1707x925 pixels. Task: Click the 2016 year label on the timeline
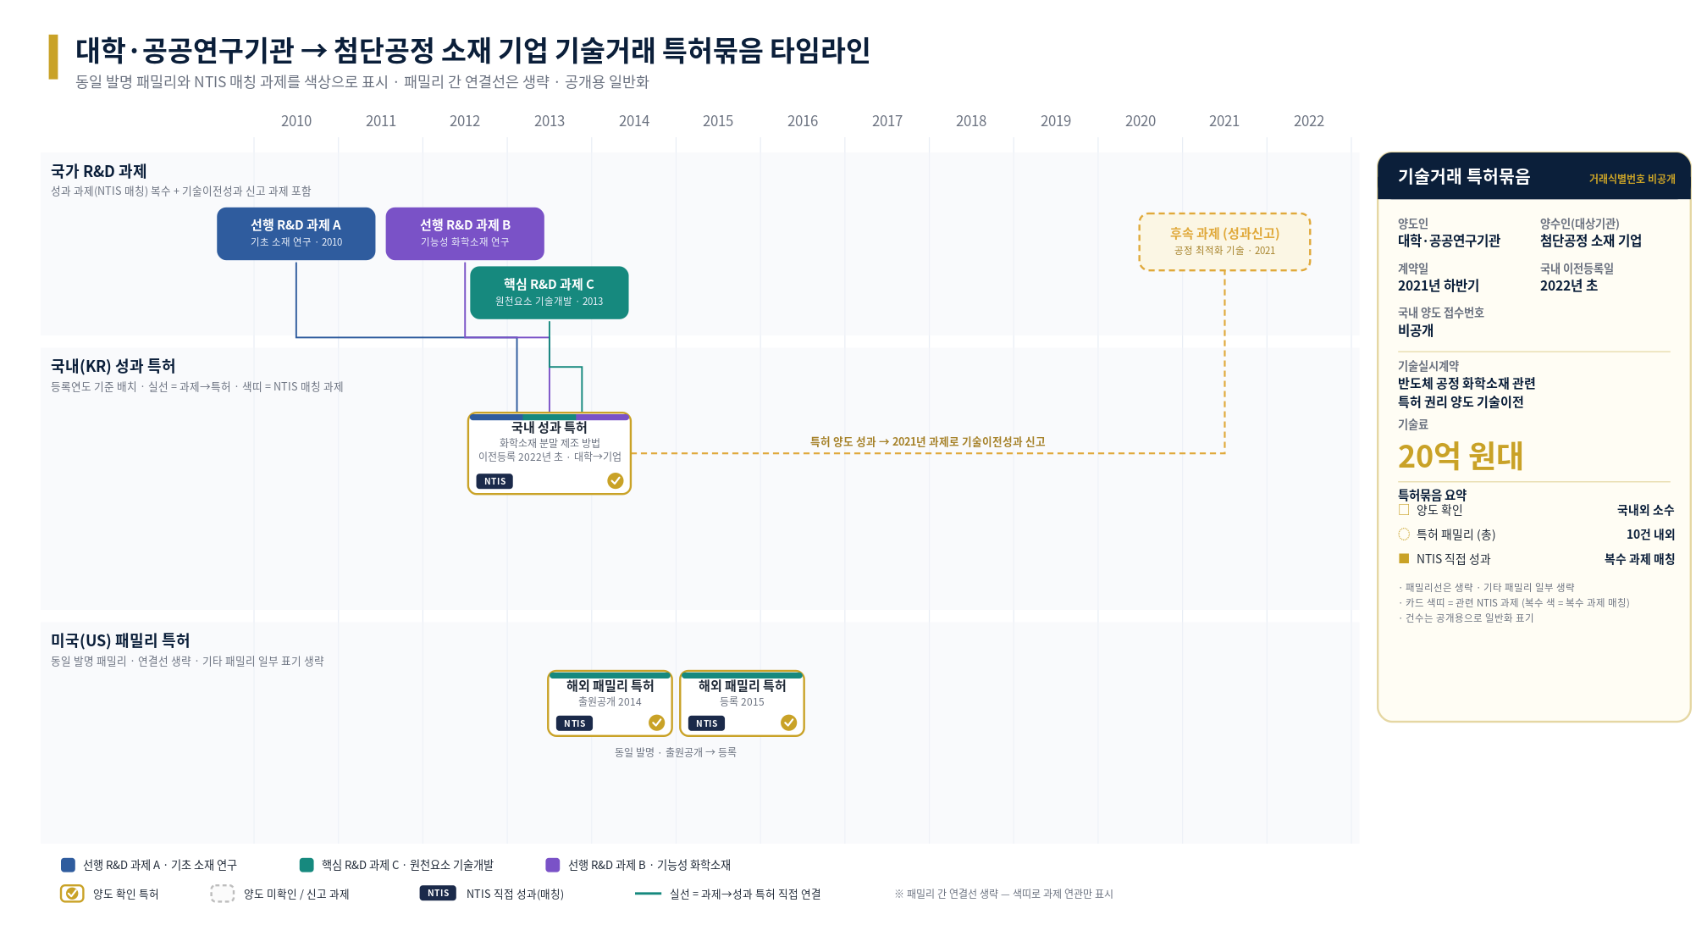pos(802,121)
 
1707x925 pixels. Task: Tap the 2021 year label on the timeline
pos(1224,121)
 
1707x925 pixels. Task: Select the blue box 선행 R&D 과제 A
pos(296,234)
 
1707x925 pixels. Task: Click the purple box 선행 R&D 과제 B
pos(465,234)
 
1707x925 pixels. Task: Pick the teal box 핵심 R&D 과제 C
pos(549,293)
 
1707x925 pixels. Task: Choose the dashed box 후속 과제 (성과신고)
pos(1224,241)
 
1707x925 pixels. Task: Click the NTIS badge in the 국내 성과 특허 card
pos(495,481)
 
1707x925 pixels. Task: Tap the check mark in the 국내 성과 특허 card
pos(616,481)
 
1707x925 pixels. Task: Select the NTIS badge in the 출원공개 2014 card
pos(575,723)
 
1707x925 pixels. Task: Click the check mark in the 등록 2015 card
pos(789,723)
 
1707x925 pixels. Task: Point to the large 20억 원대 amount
pos(1460,457)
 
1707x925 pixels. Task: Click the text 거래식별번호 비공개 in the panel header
pos(1632,179)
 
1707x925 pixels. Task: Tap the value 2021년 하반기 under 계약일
pos(1438,286)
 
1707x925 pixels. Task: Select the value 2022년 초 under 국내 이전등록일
pos(1568,286)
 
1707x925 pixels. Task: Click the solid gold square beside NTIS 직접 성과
pos(1404,558)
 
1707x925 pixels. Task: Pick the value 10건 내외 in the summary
pos(1650,535)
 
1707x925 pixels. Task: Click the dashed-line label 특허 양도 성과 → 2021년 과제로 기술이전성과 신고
pos(927,441)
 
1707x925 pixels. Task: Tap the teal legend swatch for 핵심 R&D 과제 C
pos(307,865)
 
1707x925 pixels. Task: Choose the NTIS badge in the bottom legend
pos(438,893)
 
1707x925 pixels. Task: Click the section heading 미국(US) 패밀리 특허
pos(120,640)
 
